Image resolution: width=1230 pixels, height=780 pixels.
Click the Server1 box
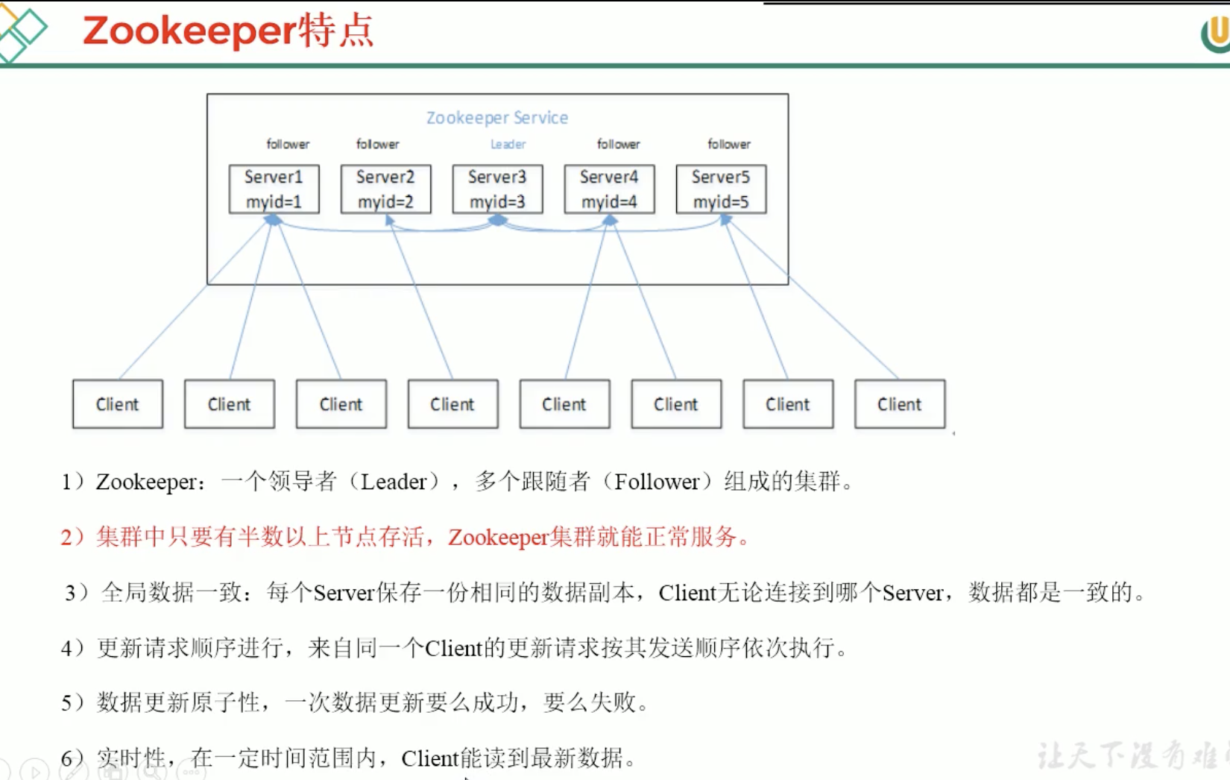point(274,189)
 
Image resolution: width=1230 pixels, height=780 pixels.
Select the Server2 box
point(385,189)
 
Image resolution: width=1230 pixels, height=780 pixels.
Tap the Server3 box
point(497,189)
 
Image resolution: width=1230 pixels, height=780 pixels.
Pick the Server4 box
point(609,189)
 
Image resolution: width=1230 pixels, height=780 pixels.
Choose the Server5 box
point(721,189)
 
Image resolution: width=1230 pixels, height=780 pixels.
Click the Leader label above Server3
point(508,144)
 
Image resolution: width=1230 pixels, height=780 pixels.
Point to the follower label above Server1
point(288,144)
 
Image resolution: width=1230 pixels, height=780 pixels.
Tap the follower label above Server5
point(729,144)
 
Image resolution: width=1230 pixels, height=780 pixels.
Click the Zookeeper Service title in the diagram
point(497,118)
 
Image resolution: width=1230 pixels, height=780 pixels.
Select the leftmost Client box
point(118,404)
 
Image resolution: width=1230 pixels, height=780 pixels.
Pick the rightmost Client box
point(900,404)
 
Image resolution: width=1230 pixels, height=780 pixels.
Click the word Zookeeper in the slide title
point(190,31)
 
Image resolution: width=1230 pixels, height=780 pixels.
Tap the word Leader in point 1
point(394,482)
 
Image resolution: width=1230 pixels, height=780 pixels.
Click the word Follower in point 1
point(657,482)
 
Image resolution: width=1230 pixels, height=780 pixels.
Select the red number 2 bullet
point(67,537)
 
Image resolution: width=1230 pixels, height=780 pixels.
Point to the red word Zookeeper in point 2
point(498,538)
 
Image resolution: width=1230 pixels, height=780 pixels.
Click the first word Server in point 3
point(344,593)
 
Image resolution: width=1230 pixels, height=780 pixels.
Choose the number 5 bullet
point(67,702)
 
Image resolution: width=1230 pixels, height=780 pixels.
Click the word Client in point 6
point(430,758)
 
